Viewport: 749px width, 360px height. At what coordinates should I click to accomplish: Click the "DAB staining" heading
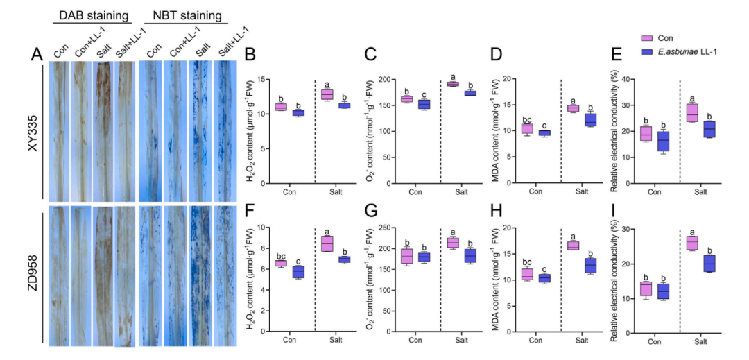tap(93, 16)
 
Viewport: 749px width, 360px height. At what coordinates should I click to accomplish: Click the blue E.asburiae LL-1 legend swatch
tap(647, 53)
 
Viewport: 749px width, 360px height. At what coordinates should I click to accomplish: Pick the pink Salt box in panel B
tap(327, 94)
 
